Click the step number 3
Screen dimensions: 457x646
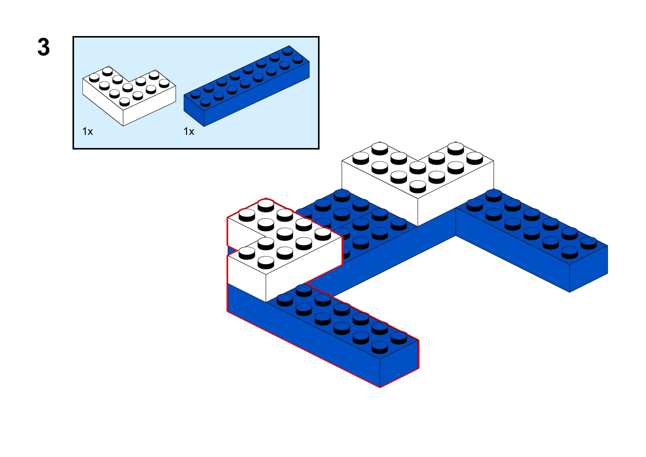[44, 48]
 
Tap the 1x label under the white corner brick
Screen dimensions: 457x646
[87, 132]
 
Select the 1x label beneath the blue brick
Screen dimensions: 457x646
[189, 132]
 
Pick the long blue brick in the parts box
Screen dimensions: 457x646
[246, 92]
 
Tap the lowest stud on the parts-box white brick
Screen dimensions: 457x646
[125, 101]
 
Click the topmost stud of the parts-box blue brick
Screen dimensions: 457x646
[288, 50]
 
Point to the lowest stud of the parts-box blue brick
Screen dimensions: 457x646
[206, 102]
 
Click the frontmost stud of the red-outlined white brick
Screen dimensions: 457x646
[266, 262]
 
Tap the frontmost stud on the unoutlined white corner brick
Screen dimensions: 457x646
[418, 186]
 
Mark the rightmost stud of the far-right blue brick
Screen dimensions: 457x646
[588, 242]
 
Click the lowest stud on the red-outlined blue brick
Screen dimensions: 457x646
[380, 347]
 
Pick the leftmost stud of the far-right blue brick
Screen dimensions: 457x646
[475, 205]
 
